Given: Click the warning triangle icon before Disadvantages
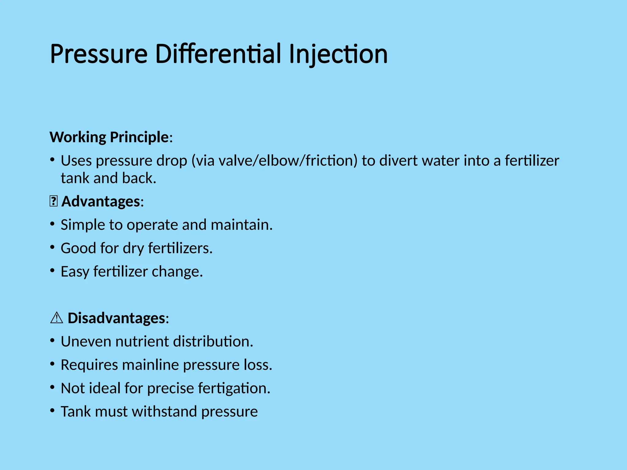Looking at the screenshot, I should [56, 318].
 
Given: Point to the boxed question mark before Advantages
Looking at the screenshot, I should [53, 202].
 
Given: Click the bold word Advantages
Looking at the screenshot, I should [101, 202].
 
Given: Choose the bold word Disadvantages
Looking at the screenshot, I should [116, 318].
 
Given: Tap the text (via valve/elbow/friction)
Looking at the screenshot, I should [274, 161].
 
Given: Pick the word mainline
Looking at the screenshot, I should [151, 365].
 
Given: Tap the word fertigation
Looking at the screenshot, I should [234, 388].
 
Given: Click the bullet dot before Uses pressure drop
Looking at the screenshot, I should [53, 159].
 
